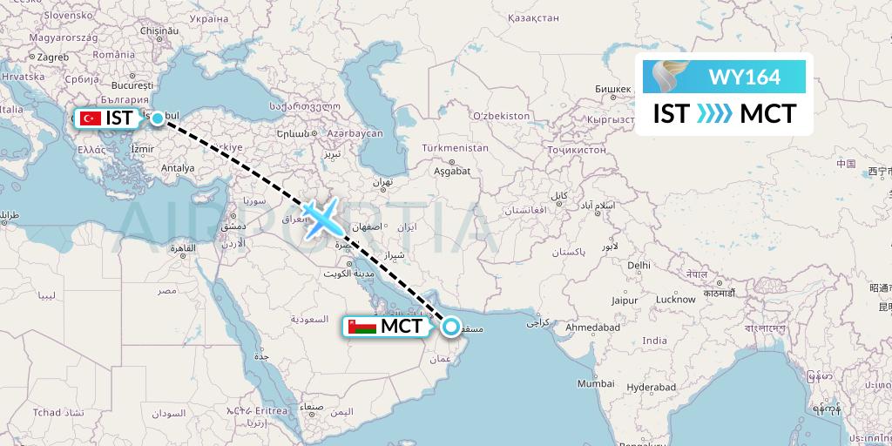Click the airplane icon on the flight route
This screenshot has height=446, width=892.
(323, 218)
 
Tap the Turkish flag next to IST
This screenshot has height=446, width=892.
(90, 118)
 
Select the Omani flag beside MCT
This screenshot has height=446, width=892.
(358, 328)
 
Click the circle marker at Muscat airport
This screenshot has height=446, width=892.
(451, 328)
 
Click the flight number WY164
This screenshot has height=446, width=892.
(744, 77)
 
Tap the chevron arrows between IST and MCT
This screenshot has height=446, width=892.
(714, 114)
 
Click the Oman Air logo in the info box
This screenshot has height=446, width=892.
(673, 77)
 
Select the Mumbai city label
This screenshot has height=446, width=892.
(596, 383)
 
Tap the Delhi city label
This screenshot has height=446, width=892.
(639, 265)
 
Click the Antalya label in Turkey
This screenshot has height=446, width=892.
(178, 167)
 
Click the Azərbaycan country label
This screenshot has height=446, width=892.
(355, 133)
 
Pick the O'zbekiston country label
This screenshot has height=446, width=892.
(500, 115)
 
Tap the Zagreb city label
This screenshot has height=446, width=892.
(52, 57)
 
